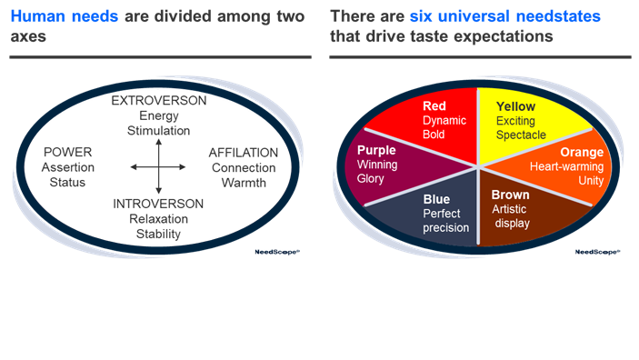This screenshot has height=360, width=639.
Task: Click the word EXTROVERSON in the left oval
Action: point(159,101)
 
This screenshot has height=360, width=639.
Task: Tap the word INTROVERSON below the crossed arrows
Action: point(159,204)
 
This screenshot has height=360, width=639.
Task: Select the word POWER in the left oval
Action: point(67,152)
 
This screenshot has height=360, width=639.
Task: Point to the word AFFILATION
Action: point(245,152)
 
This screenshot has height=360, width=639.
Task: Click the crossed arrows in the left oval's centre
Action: point(158,166)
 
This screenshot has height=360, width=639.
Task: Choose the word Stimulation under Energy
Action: point(159,131)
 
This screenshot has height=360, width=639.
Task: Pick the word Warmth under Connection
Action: point(245,183)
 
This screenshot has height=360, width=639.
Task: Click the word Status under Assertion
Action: point(67,183)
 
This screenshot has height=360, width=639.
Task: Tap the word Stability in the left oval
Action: point(159,235)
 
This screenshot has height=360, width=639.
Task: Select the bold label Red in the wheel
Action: point(434,106)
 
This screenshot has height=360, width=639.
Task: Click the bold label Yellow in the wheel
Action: point(515,106)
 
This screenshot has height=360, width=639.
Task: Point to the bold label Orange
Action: point(582,153)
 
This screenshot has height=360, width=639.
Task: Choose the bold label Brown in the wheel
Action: point(510,195)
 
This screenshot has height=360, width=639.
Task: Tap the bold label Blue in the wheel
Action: point(436,199)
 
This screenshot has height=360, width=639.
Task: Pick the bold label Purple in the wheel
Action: point(376,150)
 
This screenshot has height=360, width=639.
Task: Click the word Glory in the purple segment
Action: point(372,179)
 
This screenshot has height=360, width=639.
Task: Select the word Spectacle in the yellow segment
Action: point(521,135)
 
